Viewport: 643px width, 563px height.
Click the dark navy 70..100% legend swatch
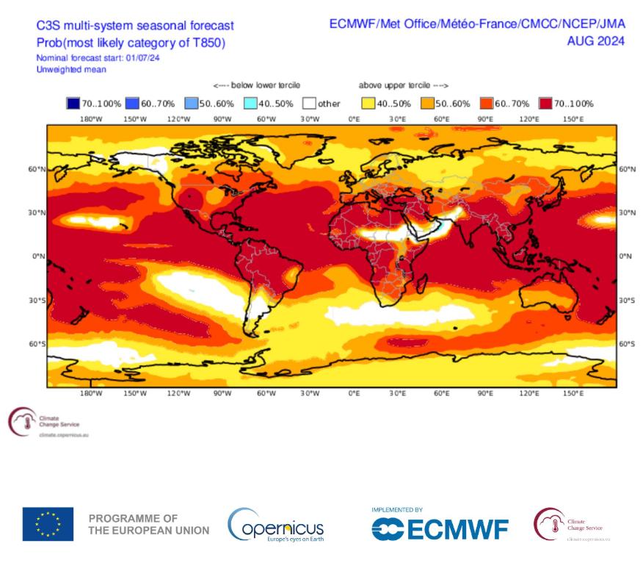72,104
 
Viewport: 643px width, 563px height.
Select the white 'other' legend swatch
309,104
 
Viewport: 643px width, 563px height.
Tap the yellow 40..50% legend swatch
367,104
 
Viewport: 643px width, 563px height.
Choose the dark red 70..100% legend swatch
545,104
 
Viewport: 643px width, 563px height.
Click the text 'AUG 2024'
595,41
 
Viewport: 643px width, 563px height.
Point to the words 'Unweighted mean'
71,70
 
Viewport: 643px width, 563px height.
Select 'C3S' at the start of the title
49,26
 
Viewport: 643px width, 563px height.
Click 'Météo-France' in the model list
477,25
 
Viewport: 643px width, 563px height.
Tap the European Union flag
48,524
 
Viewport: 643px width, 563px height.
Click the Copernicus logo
275,525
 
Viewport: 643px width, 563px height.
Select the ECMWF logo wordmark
440,528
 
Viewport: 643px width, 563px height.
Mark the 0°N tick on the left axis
34,257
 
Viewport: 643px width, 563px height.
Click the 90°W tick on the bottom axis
222,394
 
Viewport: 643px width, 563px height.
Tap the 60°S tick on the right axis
627,343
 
